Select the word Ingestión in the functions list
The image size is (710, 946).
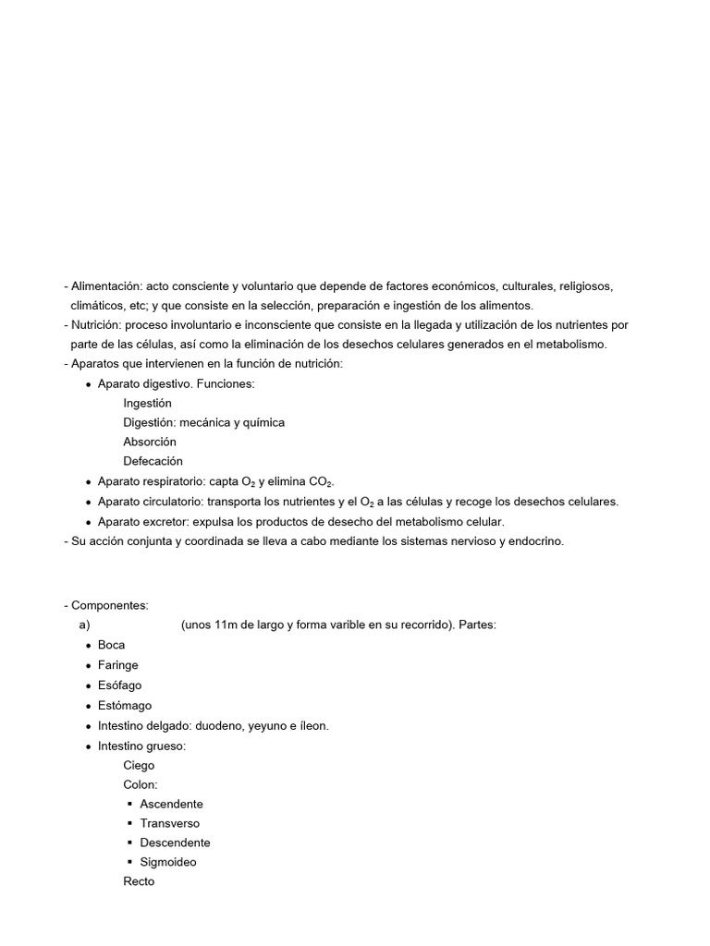[x=147, y=403]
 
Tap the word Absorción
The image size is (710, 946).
[x=149, y=442]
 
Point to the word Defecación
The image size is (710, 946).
[x=153, y=461]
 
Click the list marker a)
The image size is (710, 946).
[x=85, y=625]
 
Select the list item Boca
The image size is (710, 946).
[x=111, y=645]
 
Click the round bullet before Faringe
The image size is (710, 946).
[x=87, y=665]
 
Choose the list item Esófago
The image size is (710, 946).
[x=119, y=685]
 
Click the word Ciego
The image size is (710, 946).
[x=139, y=765]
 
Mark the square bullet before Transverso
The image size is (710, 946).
[x=129, y=823]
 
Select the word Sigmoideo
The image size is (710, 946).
[x=167, y=862]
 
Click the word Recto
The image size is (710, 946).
[x=139, y=881]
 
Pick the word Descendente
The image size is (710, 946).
[x=175, y=843]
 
